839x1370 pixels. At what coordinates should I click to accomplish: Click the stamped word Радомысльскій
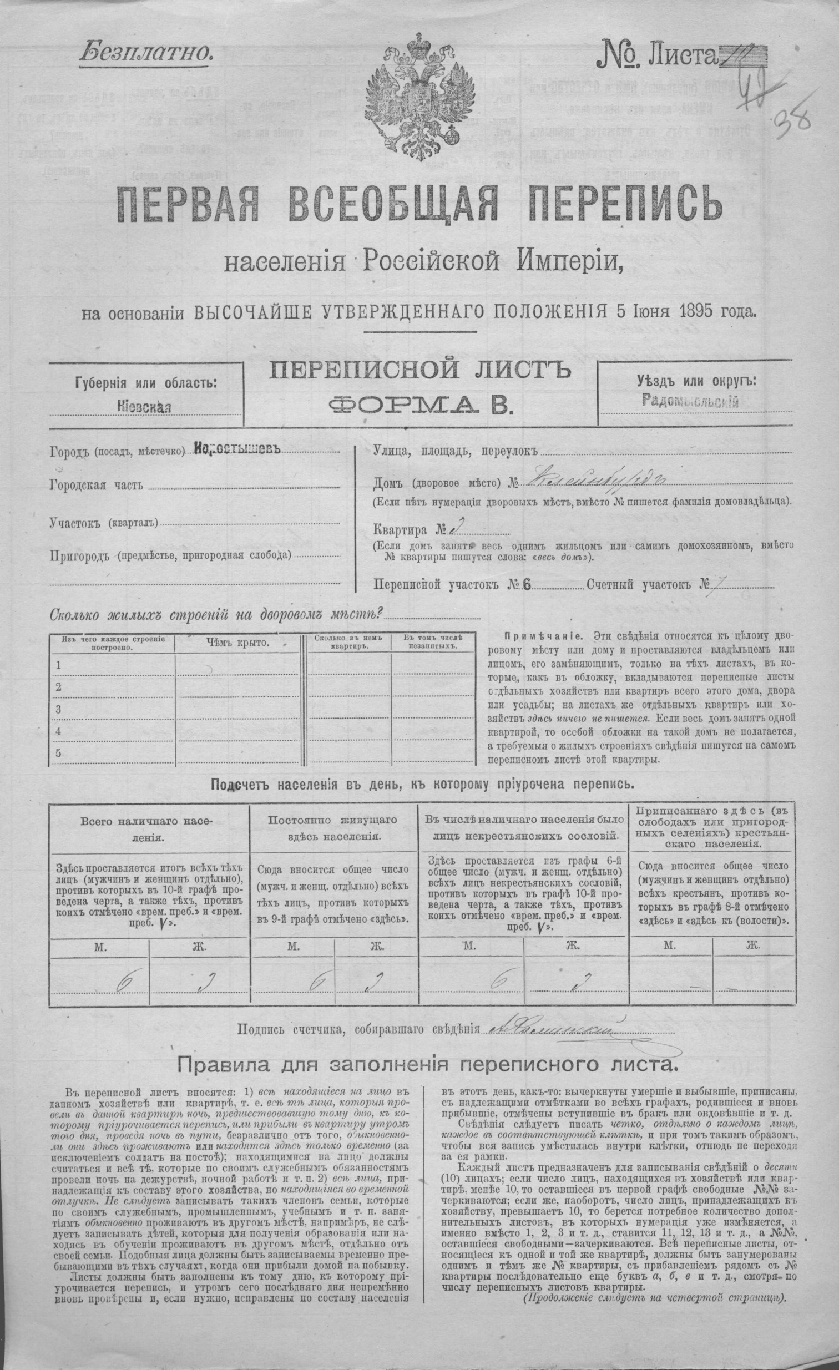pyautogui.click(x=689, y=401)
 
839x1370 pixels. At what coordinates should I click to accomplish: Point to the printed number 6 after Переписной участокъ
pyautogui.click(x=527, y=584)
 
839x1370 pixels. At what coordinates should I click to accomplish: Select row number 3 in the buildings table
pyautogui.click(x=58, y=709)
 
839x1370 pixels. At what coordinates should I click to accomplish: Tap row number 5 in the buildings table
pyautogui.click(x=58, y=753)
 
